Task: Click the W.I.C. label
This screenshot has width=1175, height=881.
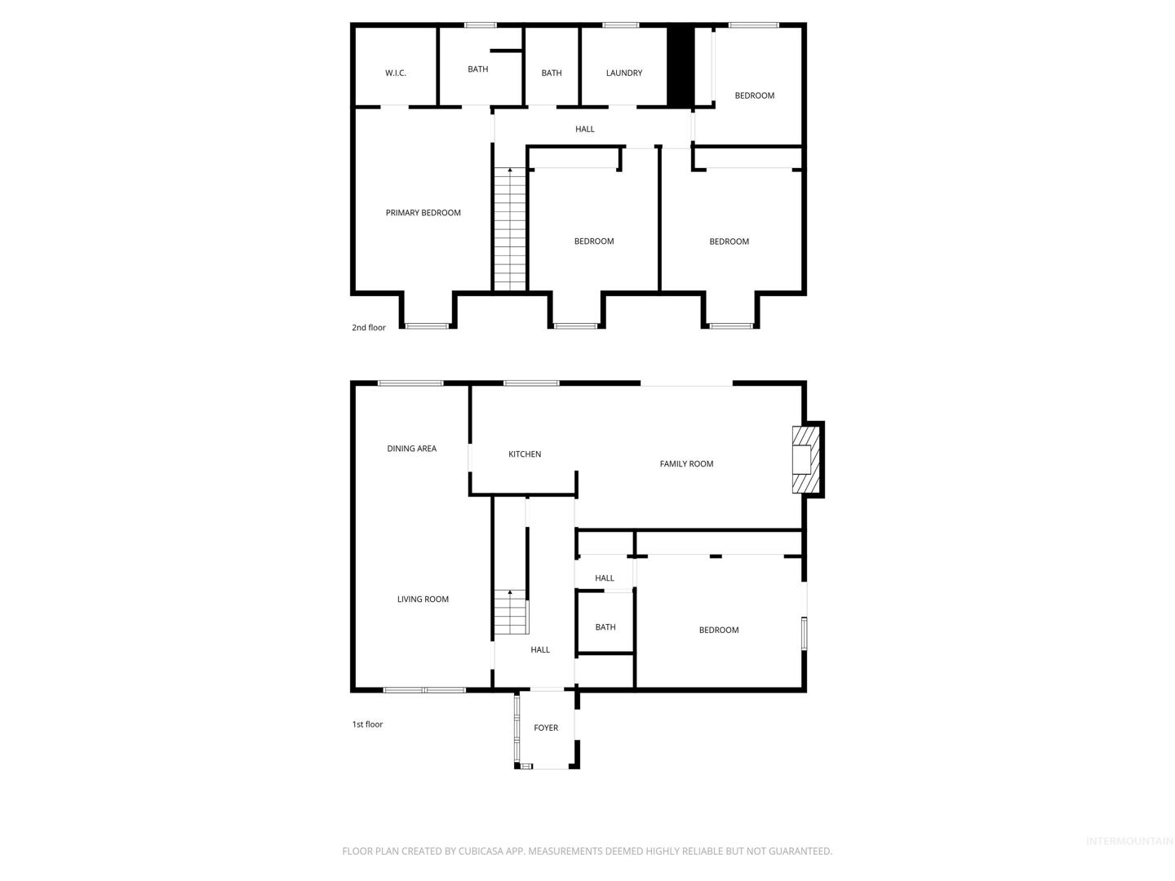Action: [x=396, y=73]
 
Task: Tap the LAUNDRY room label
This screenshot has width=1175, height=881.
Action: [x=623, y=73]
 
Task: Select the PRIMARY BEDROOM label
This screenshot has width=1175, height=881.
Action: [x=423, y=212]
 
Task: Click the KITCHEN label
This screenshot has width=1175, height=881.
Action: [x=524, y=454]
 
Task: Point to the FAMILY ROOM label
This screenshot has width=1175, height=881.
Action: [x=685, y=463]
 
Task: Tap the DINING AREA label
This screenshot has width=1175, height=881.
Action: [x=411, y=448]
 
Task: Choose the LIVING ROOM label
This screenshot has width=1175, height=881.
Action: [x=423, y=599]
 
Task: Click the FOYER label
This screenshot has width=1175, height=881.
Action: [x=546, y=727]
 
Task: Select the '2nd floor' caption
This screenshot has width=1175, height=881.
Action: [x=368, y=327]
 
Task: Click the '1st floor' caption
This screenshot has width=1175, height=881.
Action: [x=367, y=724]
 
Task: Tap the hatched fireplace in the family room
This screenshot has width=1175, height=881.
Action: [x=805, y=459]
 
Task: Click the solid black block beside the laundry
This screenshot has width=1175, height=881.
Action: [x=680, y=66]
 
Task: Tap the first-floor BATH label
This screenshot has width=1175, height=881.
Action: [x=605, y=626]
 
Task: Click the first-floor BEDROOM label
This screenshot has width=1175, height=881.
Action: [x=718, y=630]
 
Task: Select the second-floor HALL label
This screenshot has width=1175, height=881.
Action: [x=584, y=129]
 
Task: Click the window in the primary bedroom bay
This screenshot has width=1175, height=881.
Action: [x=427, y=325]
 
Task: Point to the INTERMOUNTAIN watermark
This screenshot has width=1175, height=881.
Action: [x=1129, y=841]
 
